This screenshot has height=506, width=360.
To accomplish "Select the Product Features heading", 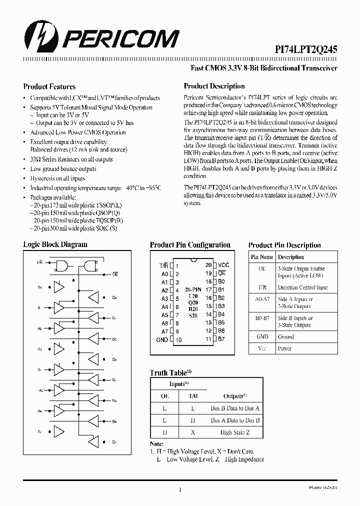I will (x=49, y=86).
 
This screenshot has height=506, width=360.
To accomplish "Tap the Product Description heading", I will (x=213, y=86).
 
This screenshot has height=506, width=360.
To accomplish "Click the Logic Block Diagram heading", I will (x=55, y=244).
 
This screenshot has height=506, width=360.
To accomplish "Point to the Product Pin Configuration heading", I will (x=190, y=245).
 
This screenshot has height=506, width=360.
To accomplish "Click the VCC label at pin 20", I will (x=223, y=265).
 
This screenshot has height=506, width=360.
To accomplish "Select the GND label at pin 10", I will (x=161, y=339).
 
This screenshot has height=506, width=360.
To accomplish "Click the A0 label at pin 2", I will (x=164, y=273).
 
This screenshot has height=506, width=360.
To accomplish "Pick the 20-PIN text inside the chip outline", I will (x=193, y=289).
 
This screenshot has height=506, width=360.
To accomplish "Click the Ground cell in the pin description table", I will (x=286, y=337).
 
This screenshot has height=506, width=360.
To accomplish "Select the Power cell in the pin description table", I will (x=284, y=348).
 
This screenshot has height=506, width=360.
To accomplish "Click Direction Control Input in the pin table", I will (x=302, y=287).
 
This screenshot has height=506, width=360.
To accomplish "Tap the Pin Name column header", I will (x=262, y=257).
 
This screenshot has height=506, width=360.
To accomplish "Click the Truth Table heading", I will (x=168, y=373).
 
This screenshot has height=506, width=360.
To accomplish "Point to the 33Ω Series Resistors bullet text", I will (x=71, y=159).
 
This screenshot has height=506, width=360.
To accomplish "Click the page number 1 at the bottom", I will (x=179, y=490).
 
